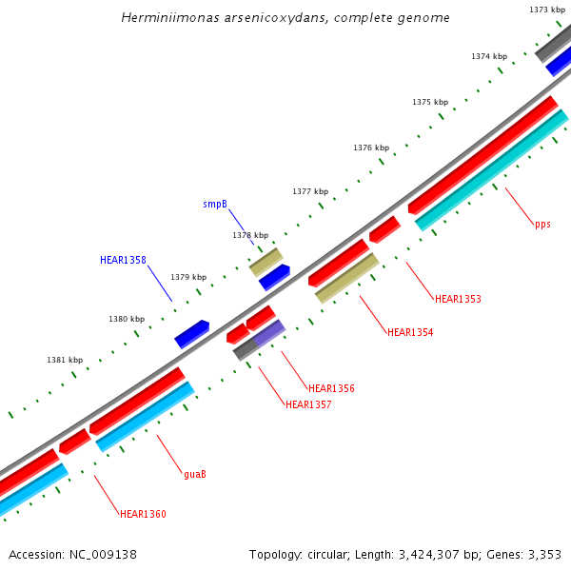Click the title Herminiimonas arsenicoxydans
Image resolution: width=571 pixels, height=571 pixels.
[x=285, y=18]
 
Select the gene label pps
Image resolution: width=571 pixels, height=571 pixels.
[x=542, y=225]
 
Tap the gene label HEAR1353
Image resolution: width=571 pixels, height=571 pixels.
[x=458, y=299]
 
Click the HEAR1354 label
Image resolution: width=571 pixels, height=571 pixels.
[x=410, y=332]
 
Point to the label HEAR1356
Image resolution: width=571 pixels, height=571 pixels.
[x=331, y=388]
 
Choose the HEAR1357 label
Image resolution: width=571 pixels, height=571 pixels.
[x=308, y=404]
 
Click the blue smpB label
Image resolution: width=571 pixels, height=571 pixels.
[x=215, y=205]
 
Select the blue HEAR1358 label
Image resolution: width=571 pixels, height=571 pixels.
[x=123, y=260]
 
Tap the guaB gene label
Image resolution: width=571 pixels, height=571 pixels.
[x=195, y=474]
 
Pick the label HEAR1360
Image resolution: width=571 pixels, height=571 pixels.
[x=143, y=514]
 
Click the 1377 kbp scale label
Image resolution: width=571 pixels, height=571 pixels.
[x=310, y=192]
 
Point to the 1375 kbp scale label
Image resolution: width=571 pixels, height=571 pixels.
[x=430, y=103]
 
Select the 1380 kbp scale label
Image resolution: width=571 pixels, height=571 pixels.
[x=127, y=320]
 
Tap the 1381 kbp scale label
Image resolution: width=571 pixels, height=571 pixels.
[x=65, y=361]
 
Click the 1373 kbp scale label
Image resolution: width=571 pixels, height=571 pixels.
[x=547, y=10]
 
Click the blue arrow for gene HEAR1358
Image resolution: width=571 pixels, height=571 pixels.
[x=191, y=333]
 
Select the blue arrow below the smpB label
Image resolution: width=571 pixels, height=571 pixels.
[x=274, y=277]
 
